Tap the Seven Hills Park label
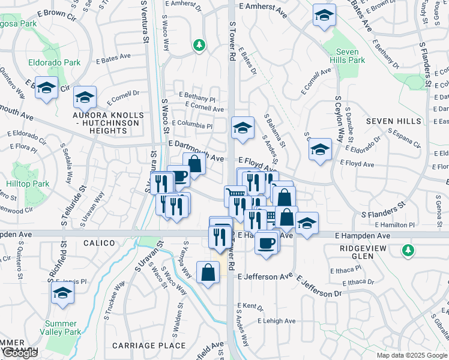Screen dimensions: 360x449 (x=347, y=56)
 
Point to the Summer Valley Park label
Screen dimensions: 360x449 (x=62, y=328)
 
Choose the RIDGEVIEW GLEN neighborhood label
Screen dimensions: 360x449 (x=365, y=251)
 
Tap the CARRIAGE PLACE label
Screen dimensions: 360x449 (x=149, y=346)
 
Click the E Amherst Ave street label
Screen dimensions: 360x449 (x=265, y=5)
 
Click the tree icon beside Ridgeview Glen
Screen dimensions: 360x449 (x=408, y=249)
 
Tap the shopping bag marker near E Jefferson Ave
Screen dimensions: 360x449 (x=208, y=272)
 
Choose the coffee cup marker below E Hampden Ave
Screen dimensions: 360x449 (x=266, y=242)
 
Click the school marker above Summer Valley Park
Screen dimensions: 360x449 (x=61, y=293)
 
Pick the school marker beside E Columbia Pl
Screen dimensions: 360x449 (x=243, y=128)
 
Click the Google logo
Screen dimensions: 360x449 (x=20, y=353)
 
